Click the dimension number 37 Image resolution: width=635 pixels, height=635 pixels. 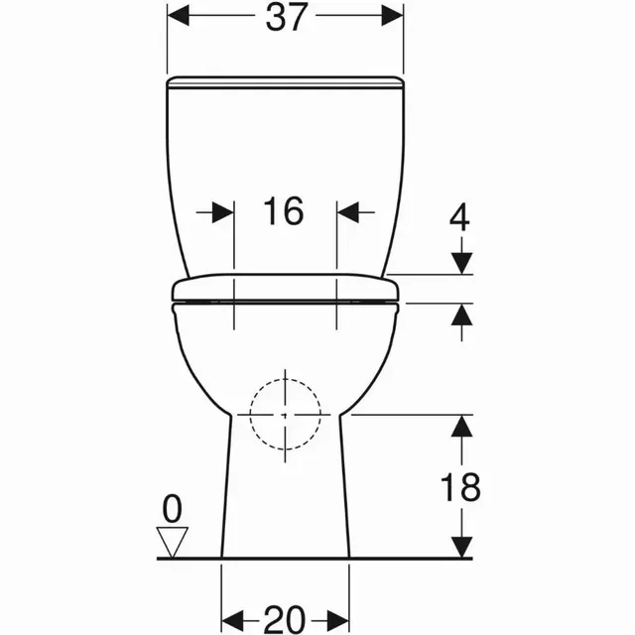(285, 17)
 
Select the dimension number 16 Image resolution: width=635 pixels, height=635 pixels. (283, 211)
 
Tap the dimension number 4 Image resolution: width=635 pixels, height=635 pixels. (459, 217)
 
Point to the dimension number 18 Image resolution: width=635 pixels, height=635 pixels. (460, 487)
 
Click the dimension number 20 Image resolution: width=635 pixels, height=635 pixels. (285, 619)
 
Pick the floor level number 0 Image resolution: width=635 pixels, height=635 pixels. (172, 509)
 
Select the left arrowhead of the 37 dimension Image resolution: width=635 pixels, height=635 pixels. (179, 16)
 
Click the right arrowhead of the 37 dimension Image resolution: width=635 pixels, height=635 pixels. (393, 16)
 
